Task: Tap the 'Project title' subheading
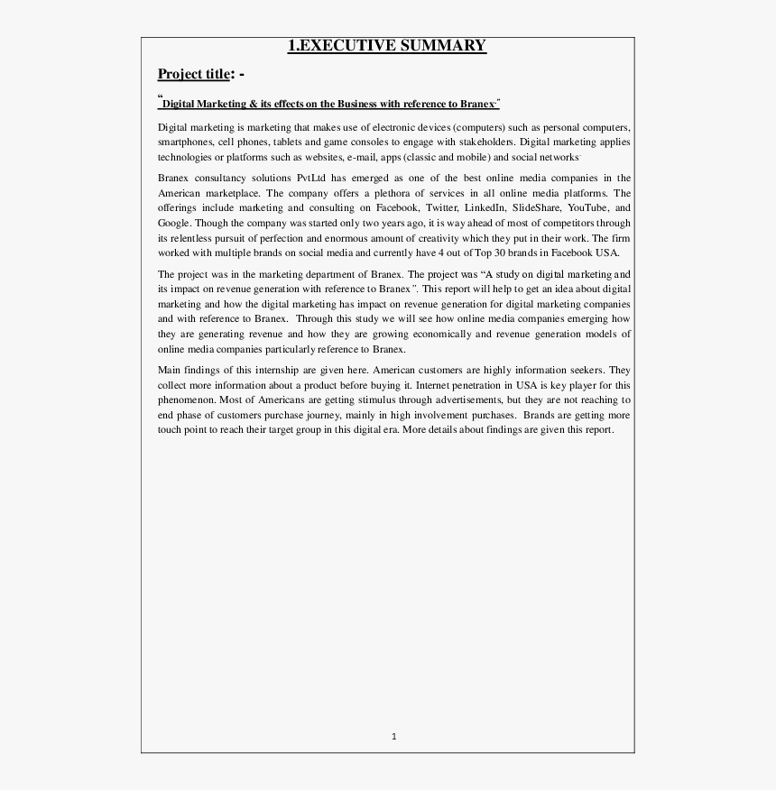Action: point(193,74)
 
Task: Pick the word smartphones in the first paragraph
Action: point(185,142)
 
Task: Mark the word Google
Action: point(173,223)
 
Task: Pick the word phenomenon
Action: point(187,400)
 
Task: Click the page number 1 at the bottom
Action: point(394,736)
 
